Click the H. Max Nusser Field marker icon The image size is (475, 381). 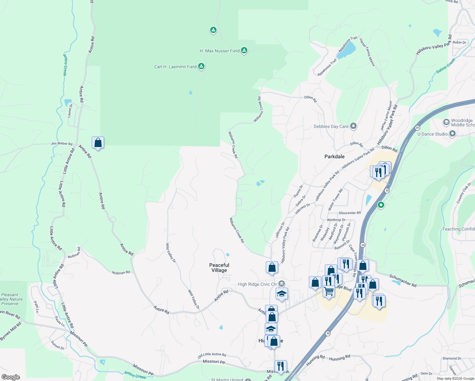coord(244,50)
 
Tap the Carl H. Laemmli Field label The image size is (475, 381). coord(175,67)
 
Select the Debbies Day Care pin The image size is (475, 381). coord(353,126)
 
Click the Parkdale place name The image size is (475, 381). coord(334,157)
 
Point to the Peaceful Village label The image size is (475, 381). coord(219,268)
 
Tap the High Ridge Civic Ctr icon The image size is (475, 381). coord(281,284)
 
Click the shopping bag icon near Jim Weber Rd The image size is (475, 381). coord(98,143)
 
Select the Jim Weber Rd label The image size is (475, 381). coord(62,144)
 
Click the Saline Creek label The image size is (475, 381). coord(445,66)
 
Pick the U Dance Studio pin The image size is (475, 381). coord(452,134)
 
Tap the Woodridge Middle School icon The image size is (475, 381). coord(446,122)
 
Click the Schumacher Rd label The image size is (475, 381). coord(403,281)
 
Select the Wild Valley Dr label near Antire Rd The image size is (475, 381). coord(193,299)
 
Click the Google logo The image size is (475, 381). coord(11,377)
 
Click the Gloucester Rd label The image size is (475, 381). coord(350,213)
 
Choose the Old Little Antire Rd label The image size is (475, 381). coord(212,355)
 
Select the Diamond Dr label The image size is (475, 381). coord(452,358)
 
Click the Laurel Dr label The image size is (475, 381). coord(70,110)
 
